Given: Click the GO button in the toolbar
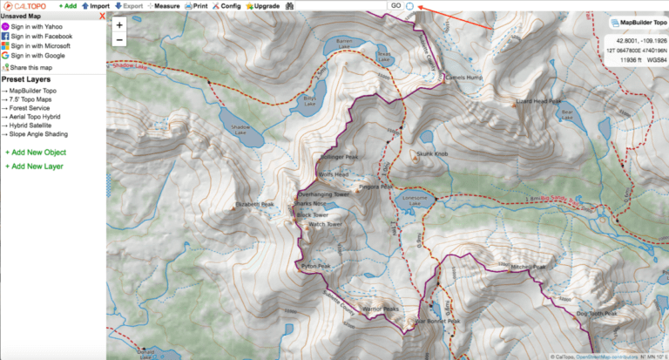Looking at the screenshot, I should point(395,6).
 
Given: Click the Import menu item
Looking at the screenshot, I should point(96,6).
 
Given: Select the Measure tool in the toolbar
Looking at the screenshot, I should point(164,6).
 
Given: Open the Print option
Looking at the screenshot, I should point(196,6).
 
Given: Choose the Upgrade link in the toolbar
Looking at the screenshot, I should point(262,6).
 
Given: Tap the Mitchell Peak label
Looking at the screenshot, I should point(527,268).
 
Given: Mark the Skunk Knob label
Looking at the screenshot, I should point(431,153).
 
